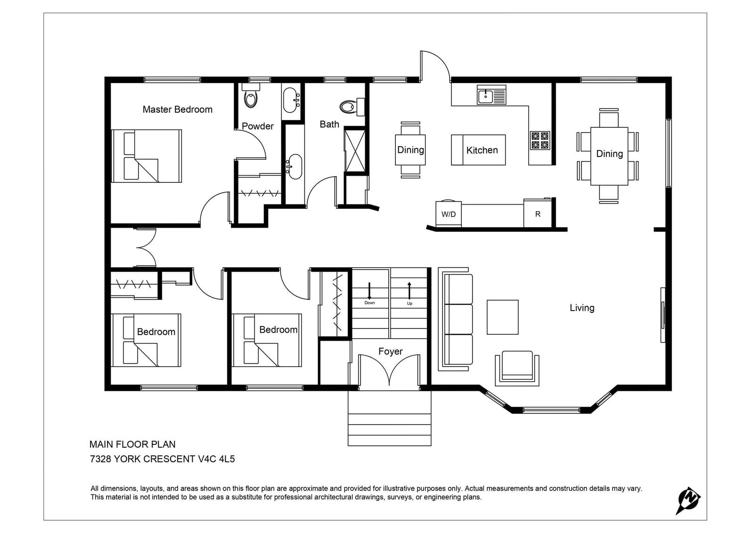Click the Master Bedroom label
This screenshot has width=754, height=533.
pyautogui.click(x=177, y=109)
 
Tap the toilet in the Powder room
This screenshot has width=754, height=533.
pyautogui.click(x=251, y=95)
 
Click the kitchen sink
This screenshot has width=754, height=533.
pyautogui.click(x=492, y=95)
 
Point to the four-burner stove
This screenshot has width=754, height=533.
pyautogui.click(x=540, y=140)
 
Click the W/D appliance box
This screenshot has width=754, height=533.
pyautogui.click(x=448, y=213)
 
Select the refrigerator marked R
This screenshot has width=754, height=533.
pyautogui.click(x=538, y=213)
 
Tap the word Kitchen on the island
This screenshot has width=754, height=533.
pyautogui.click(x=482, y=150)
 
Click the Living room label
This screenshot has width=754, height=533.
pyautogui.click(x=582, y=308)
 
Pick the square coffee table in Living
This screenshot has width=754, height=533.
pyautogui.click(x=502, y=317)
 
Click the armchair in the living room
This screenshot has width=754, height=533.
pyautogui.click(x=517, y=369)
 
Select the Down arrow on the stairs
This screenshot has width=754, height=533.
pyautogui.click(x=369, y=291)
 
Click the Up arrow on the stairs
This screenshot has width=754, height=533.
pyautogui.click(x=410, y=291)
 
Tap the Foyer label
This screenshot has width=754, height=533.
pyautogui.click(x=391, y=352)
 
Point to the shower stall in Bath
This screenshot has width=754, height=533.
pyautogui.click(x=355, y=150)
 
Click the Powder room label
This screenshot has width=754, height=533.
pyautogui.click(x=258, y=126)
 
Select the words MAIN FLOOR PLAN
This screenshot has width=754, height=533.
pyautogui.click(x=132, y=444)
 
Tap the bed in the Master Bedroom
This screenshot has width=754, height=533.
pyautogui.click(x=147, y=156)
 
